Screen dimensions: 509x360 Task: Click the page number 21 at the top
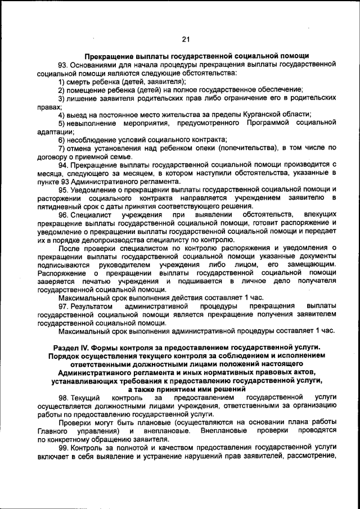click(186, 39)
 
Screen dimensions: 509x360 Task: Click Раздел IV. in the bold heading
click(73, 348)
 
